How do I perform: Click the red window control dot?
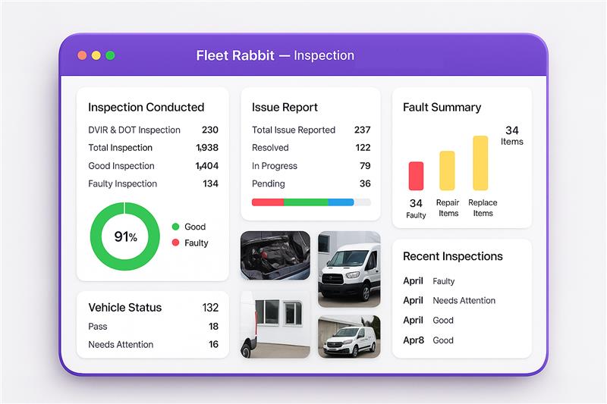pyautogui.click(x=82, y=55)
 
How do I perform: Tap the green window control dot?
pyautogui.click(x=110, y=55)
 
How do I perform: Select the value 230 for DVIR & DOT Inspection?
pyautogui.click(x=209, y=130)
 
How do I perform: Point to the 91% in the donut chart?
pyautogui.click(x=125, y=236)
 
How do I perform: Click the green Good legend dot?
pyautogui.click(x=175, y=227)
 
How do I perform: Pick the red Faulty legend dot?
pyautogui.click(x=175, y=243)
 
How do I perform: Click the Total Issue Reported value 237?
pyautogui.click(x=362, y=130)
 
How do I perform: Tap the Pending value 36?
pyautogui.click(x=365, y=183)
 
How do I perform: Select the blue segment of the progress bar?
pyautogui.click(x=341, y=202)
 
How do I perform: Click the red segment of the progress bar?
pyautogui.click(x=267, y=202)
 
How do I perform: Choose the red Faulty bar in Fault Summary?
pyautogui.click(x=416, y=176)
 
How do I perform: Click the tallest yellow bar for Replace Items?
pyautogui.click(x=480, y=163)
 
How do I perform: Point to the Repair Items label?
pyautogui.click(x=448, y=208)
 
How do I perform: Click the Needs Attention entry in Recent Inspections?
pyautogui.click(x=464, y=300)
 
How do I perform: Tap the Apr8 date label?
pyautogui.click(x=413, y=340)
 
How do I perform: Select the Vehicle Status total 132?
pyautogui.click(x=210, y=308)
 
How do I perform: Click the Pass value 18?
pyautogui.click(x=213, y=327)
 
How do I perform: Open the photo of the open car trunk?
pyautogui.click(x=275, y=256)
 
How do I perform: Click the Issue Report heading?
pyautogui.click(x=285, y=108)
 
